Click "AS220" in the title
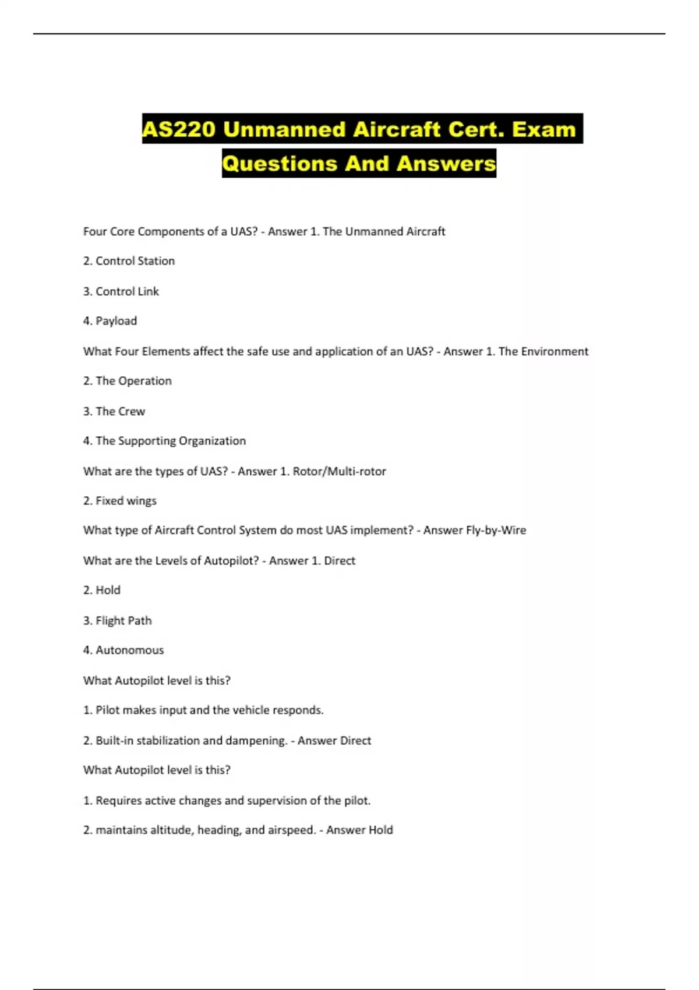(179, 129)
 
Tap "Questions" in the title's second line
(280, 164)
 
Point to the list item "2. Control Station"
(129, 261)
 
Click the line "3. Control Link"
(121, 291)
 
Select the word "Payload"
(116, 321)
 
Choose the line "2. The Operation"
(127, 381)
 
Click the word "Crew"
(132, 411)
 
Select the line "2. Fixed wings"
(119, 501)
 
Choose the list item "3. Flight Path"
(117, 621)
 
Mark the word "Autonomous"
(129, 650)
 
